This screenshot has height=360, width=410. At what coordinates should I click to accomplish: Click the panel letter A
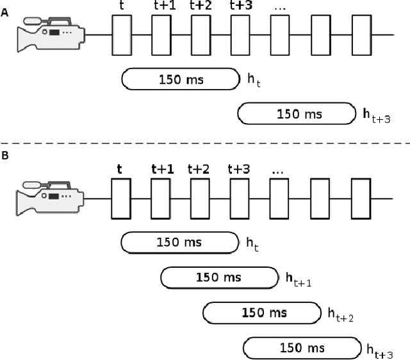pos(5,12)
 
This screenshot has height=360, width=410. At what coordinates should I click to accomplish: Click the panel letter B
pos(5,155)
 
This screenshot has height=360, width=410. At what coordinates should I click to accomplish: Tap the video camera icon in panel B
pos(50,199)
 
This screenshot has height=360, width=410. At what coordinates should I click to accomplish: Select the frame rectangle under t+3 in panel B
pos(239,199)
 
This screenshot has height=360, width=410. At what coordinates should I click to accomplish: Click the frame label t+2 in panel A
pos(201,5)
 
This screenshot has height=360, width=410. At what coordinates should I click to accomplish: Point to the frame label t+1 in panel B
pos(162,169)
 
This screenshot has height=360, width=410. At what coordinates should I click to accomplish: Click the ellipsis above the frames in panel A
pos(279,6)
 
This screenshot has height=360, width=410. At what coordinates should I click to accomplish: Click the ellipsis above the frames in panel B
pos(278,172)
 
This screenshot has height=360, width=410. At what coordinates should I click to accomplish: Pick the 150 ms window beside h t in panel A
pos(180,79)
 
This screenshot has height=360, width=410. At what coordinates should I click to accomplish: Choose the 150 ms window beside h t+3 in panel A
pos(295,114)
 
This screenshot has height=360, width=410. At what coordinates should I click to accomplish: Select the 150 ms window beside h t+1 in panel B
pos(218,277)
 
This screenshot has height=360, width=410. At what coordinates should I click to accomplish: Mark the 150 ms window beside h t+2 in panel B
pos(261,313)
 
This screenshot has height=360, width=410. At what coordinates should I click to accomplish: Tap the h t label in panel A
pos(254,79)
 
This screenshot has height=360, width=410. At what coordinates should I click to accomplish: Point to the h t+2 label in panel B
pos(340,314)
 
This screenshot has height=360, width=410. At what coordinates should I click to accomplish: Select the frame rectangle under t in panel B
pos(121,199)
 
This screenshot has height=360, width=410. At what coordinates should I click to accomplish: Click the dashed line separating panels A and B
pos(205,143)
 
